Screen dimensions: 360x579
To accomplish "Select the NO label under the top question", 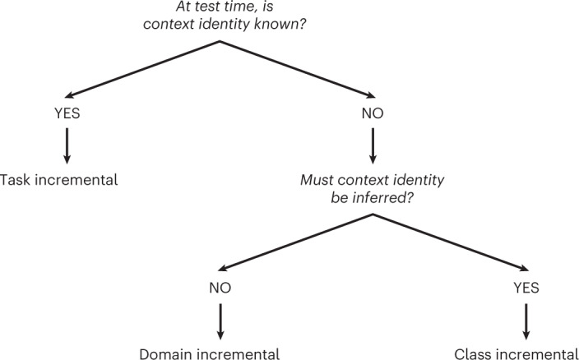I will [373, 113].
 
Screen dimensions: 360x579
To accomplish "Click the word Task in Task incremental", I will [16, 178].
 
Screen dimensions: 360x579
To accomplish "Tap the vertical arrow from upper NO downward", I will [373, 145].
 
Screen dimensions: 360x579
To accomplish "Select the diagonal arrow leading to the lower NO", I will [296, 239].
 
